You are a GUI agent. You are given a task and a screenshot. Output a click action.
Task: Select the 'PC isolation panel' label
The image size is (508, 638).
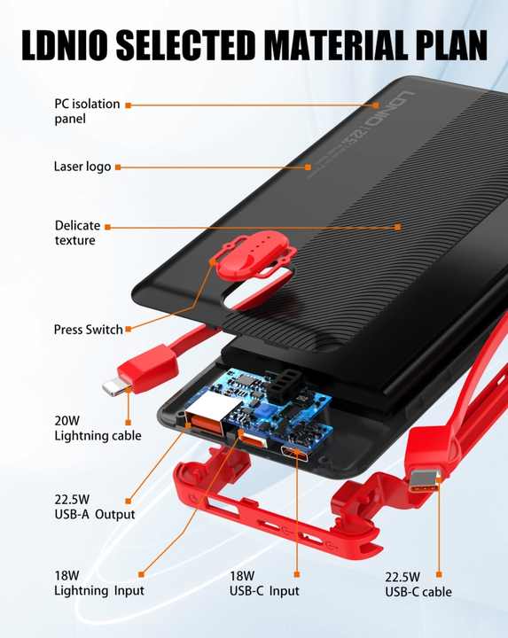(x=87, y=111)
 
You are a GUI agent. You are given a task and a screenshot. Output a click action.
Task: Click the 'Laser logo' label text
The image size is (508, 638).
(x=82, y=167)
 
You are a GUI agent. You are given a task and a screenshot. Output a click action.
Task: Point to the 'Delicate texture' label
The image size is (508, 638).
(x=77, y=233)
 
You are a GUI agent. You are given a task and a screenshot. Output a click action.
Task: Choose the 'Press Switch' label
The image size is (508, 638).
(x=89, y=329)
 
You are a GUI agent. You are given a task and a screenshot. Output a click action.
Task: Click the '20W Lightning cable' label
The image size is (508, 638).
(x=98, y=428)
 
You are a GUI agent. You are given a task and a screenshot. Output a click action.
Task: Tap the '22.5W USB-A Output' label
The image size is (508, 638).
(x=95, y=507)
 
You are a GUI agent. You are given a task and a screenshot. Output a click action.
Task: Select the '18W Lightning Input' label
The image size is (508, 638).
(x=99, y=583)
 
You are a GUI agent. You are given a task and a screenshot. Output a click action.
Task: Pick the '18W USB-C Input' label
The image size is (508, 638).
(x=264, y=583)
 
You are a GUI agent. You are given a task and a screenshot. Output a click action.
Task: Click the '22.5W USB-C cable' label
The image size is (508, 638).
(x=418, y=584)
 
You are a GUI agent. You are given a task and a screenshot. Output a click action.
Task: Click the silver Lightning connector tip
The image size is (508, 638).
(x=113, y=387)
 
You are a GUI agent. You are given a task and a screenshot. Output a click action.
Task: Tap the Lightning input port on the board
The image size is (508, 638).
(x=253, y=440)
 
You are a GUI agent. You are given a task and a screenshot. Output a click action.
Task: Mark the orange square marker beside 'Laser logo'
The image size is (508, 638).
(x=118, y=167)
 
